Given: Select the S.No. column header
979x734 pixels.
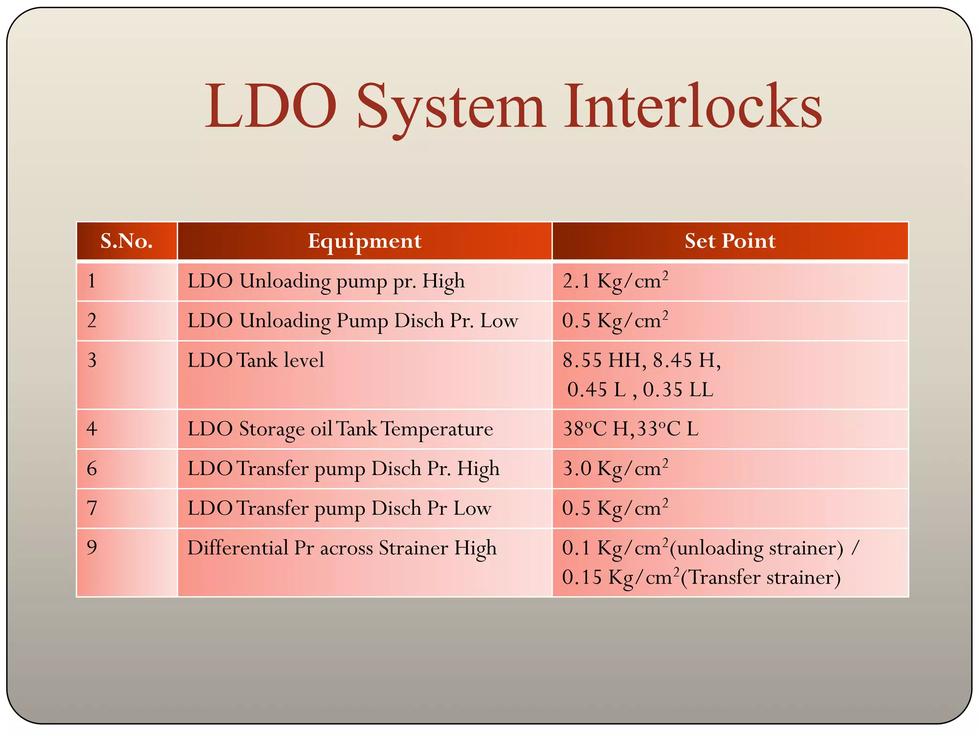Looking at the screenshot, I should [x=127, y=241].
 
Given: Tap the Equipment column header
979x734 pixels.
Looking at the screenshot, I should [x=364, y=241].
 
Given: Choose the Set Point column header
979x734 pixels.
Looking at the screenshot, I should [x=729, y=241].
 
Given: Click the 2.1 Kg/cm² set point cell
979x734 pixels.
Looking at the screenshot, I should [x=615, y=281].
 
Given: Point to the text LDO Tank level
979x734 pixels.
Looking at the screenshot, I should [x=256, y=360].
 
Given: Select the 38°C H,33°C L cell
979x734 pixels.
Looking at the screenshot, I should [x=630, y=429].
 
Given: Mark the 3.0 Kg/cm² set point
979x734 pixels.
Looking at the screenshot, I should [x=615, y=469].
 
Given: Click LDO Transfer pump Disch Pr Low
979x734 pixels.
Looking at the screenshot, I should [x=339, y=508].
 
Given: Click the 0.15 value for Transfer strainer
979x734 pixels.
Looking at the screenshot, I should [x=582, y=578].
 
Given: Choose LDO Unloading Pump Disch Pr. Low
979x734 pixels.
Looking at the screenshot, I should [x=352, y=321].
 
